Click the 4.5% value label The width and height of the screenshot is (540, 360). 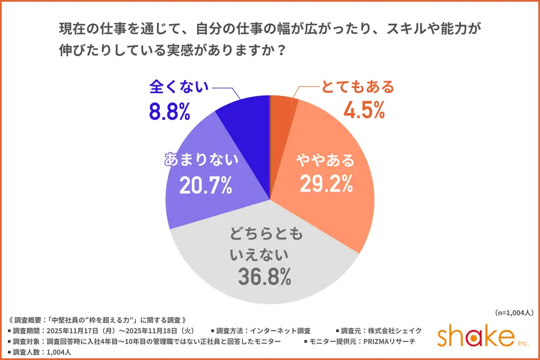coord(364,110)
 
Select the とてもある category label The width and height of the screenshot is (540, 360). coord(357,87)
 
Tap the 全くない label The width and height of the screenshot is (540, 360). coord(179,87)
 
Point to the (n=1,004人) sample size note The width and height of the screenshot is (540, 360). coord(513,313)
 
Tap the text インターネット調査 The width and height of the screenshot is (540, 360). coord(280,330)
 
